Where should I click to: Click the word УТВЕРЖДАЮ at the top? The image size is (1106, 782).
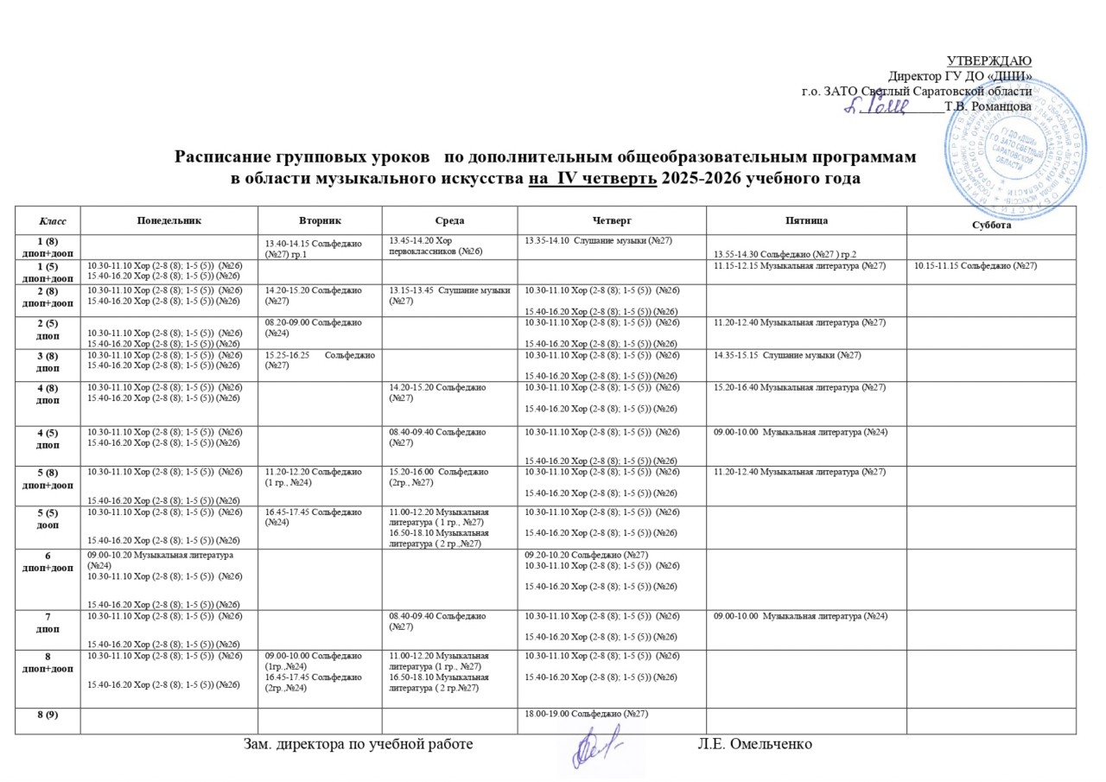coord(989,60)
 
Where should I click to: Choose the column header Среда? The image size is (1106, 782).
coord(449,221)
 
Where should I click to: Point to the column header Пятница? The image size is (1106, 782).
coord(804,221)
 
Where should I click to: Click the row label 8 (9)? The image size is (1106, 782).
coord(47,713)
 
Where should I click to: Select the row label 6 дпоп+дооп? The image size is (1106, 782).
coord(47,560)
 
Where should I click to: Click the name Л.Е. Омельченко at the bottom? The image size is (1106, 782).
coord(754,743)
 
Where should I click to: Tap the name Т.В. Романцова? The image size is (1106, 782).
coord(988,106)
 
